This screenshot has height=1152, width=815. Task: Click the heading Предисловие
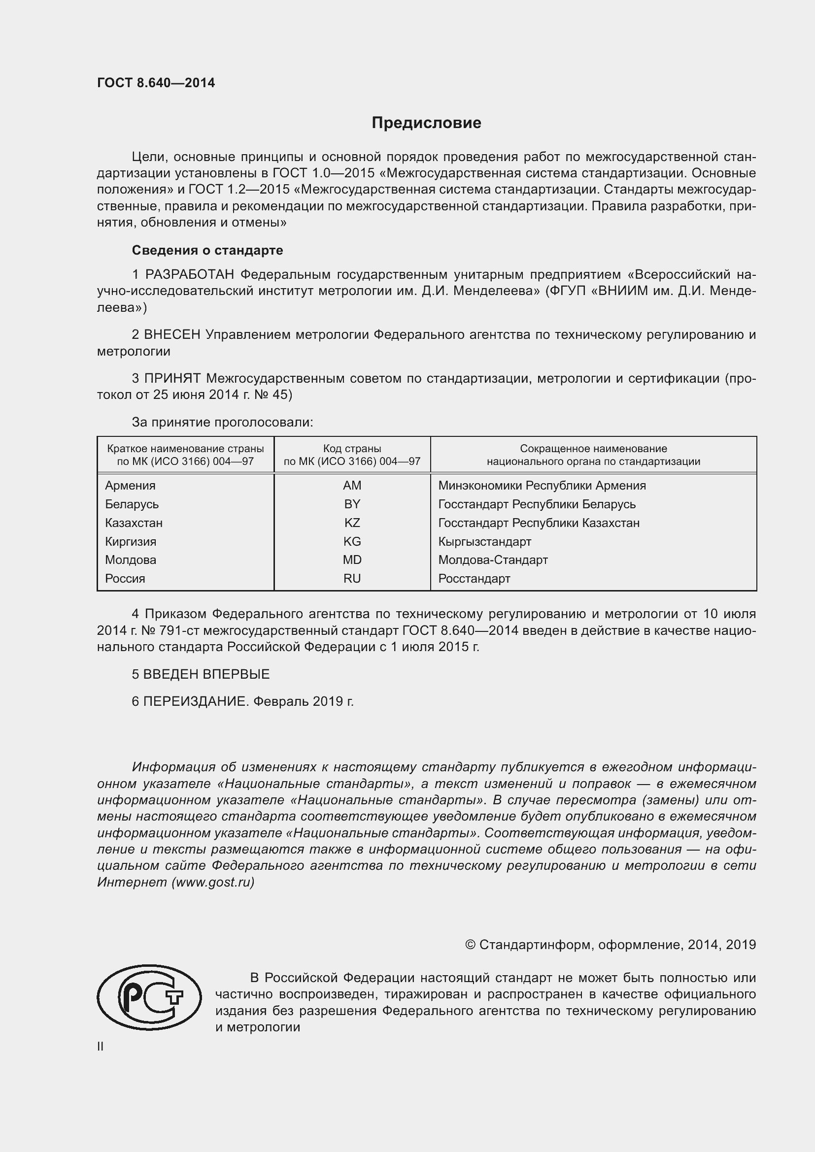(426, 123)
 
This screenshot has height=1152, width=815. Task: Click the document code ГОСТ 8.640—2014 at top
(156, 83)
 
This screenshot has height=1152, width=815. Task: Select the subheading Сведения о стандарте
(207, 250)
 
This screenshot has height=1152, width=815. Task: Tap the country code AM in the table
(352, 485)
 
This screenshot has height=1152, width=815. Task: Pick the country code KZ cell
(352, 523)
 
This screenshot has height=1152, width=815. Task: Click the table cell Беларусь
(132, 504)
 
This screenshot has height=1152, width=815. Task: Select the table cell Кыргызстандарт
(484, 541)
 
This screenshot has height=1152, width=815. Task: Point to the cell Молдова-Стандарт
(493, 560)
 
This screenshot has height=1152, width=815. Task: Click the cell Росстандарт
(474, 579)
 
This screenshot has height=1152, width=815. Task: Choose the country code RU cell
(352, 579)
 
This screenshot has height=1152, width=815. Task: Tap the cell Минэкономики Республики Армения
(542, 485)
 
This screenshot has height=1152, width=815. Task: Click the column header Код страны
(352, 449)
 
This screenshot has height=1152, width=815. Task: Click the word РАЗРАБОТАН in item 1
(190, 274)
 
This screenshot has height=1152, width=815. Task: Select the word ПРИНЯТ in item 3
(172, 378)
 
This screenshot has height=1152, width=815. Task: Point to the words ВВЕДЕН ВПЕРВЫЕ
(206, 674)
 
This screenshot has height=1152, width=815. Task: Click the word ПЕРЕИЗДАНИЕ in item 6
(196, 701)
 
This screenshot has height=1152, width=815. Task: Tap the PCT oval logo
(149, 998)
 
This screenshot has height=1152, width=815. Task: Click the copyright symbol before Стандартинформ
(470, 945)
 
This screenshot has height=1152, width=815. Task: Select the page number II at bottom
(101, 1046)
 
